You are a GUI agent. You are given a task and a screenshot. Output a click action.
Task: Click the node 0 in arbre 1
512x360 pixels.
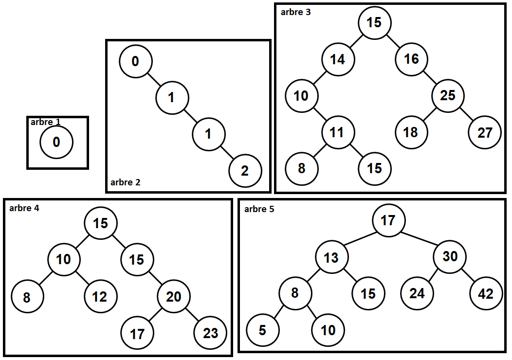coord(56,143)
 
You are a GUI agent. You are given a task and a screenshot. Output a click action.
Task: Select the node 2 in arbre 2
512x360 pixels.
coord(245,171)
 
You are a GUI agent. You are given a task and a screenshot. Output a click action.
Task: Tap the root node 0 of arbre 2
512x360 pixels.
coord(135,61)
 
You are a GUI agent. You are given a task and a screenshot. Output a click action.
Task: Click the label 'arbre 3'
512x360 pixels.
coord(296,12)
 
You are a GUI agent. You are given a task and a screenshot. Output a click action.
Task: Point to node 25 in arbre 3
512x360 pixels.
coord(448,95)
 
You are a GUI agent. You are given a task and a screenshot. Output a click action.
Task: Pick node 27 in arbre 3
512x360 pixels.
coord(485,132)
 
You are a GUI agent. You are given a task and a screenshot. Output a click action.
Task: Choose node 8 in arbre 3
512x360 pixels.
coord(301,168)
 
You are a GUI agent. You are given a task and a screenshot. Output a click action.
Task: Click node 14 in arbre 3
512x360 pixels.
coord(337,59)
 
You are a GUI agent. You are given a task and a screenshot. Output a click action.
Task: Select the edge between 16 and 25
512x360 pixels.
coord(430,77)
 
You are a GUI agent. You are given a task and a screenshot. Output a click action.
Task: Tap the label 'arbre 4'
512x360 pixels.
coord(24,208)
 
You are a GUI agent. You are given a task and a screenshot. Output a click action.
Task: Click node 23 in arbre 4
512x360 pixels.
coord(210,333)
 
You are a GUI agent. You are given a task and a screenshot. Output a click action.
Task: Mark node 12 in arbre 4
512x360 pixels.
coord(100,296)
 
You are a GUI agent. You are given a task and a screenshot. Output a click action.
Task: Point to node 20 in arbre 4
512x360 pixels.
coord(173,296)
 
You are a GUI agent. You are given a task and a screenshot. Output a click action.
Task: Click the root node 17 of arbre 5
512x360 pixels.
coord(388,220)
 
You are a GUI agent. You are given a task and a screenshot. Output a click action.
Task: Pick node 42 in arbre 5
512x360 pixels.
coord(486,293)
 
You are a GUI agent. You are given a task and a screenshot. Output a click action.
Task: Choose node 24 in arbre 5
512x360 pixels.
coord(417,293)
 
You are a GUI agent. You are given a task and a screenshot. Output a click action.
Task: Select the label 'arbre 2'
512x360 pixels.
coord(126,182)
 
